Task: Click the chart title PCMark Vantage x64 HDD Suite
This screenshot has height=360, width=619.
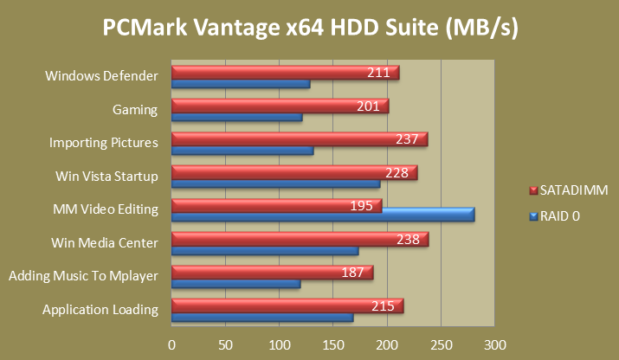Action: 310,29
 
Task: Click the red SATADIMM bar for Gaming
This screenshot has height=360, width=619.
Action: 260,106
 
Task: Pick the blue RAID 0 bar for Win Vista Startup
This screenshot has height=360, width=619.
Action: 275,183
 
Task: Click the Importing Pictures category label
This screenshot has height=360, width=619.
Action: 103,143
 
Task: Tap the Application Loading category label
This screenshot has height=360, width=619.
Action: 100,310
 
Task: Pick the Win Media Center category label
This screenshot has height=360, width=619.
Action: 106,243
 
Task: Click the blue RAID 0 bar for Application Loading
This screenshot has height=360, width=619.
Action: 262,318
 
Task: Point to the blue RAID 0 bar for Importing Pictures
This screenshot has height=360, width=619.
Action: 242,151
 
